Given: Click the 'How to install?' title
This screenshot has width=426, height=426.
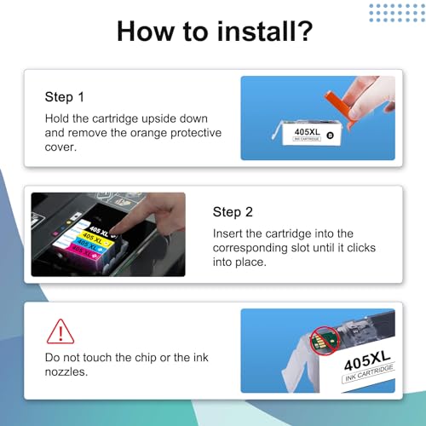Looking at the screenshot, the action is (x=215, y=32).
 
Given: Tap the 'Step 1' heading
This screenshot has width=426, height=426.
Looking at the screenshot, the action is (x=64, y=97).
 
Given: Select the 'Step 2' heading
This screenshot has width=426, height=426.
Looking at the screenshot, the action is (x=233, y=212).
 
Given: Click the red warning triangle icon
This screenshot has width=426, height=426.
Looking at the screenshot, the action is (x=60, y=331).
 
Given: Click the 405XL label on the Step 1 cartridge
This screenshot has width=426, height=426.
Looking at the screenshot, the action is (x=307, y=132).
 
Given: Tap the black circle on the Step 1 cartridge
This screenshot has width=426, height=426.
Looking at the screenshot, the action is (x=330, y=135).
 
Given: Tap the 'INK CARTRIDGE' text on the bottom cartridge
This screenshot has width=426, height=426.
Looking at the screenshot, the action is (x=369, y=373).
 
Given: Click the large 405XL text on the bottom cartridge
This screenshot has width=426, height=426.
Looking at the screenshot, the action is (x=367, y=360).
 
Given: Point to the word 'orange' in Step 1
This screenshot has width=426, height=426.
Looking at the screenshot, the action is (x=149, y=133).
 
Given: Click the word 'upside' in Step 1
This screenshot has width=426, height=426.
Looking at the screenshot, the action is (x=158, y=118).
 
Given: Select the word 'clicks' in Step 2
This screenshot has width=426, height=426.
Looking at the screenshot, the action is (x=361, y=248).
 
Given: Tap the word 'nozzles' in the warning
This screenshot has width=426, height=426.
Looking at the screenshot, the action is (x=66, y=372).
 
